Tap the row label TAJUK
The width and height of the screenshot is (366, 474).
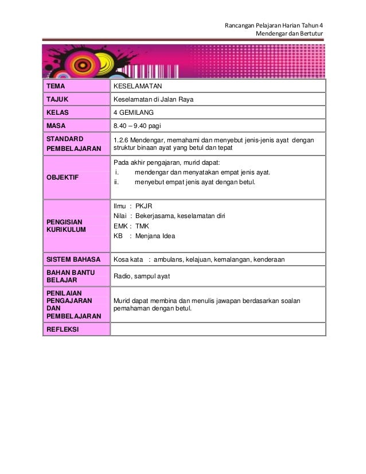click(x=57, y=99)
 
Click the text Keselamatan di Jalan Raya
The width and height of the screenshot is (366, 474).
click(x=153, y=99)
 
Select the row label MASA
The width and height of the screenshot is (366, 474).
click(x=56, y=125)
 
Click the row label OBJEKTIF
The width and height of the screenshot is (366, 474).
click(x=63, y=177)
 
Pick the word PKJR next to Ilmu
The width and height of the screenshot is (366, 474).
click(x=143, y=205)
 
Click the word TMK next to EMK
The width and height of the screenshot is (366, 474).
click(x=142, y=226)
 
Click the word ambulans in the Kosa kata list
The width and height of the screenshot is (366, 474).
click(x=169, y=260)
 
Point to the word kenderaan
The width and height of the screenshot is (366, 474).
click(x=268, y=260)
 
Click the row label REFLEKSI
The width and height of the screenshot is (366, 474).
click(x=63, y=329)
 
